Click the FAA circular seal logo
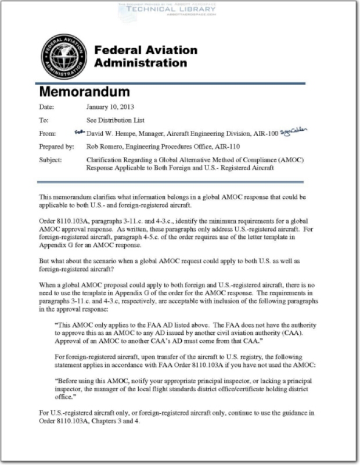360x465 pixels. [x=64, y=56]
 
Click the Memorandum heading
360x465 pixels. [x=84, y=92]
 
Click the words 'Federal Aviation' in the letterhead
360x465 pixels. [x=145, y=50]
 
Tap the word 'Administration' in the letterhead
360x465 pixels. [x=141, y=63]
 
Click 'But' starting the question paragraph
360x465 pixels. [x=45, y=262]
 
